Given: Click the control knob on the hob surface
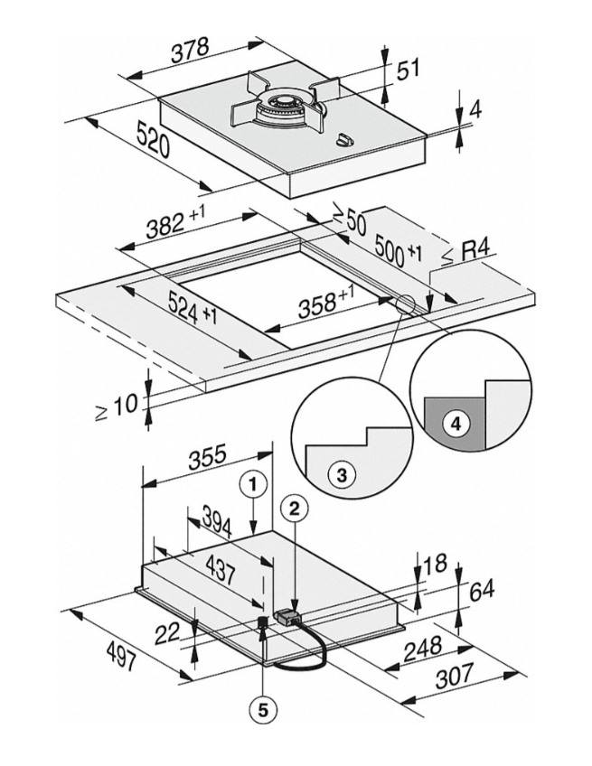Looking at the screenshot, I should [344, 138].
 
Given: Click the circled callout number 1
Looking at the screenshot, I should [256, 485].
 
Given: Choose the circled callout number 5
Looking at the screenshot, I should [262, 710].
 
